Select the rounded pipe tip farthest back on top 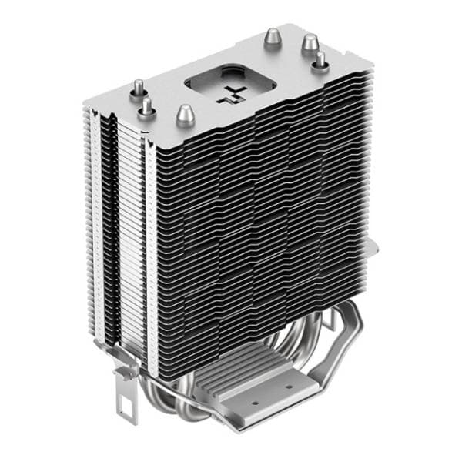(x=273, y=36)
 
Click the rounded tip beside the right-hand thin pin (x=310, y=42)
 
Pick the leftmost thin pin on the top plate (x=139, y=87)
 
